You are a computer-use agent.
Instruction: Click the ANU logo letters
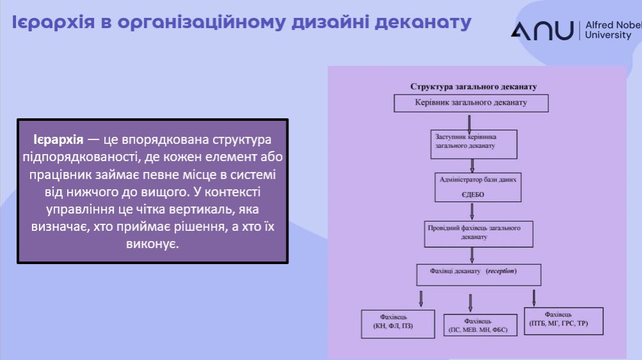point(542,30)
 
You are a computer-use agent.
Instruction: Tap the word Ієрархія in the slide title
point(51,22)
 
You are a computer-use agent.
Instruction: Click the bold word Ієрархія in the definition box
point(58,139)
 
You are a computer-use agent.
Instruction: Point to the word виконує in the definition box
point(153,244)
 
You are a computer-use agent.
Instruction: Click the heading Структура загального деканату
point(473,86)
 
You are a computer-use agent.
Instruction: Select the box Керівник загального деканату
point(471,103)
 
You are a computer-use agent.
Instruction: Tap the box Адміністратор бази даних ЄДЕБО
point(476,187)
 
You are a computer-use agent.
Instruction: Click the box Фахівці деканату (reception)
point(478,274)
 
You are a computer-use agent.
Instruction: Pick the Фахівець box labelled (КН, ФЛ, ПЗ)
point(397,323)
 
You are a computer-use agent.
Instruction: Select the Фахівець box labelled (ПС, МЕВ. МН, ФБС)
point(480,325)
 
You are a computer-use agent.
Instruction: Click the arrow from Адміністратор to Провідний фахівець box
point(472,211)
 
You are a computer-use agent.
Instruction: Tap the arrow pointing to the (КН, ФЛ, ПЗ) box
point(421,298)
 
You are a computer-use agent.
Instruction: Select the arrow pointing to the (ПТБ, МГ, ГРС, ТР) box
point(534,297)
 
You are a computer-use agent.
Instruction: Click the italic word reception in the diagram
point(501,271)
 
